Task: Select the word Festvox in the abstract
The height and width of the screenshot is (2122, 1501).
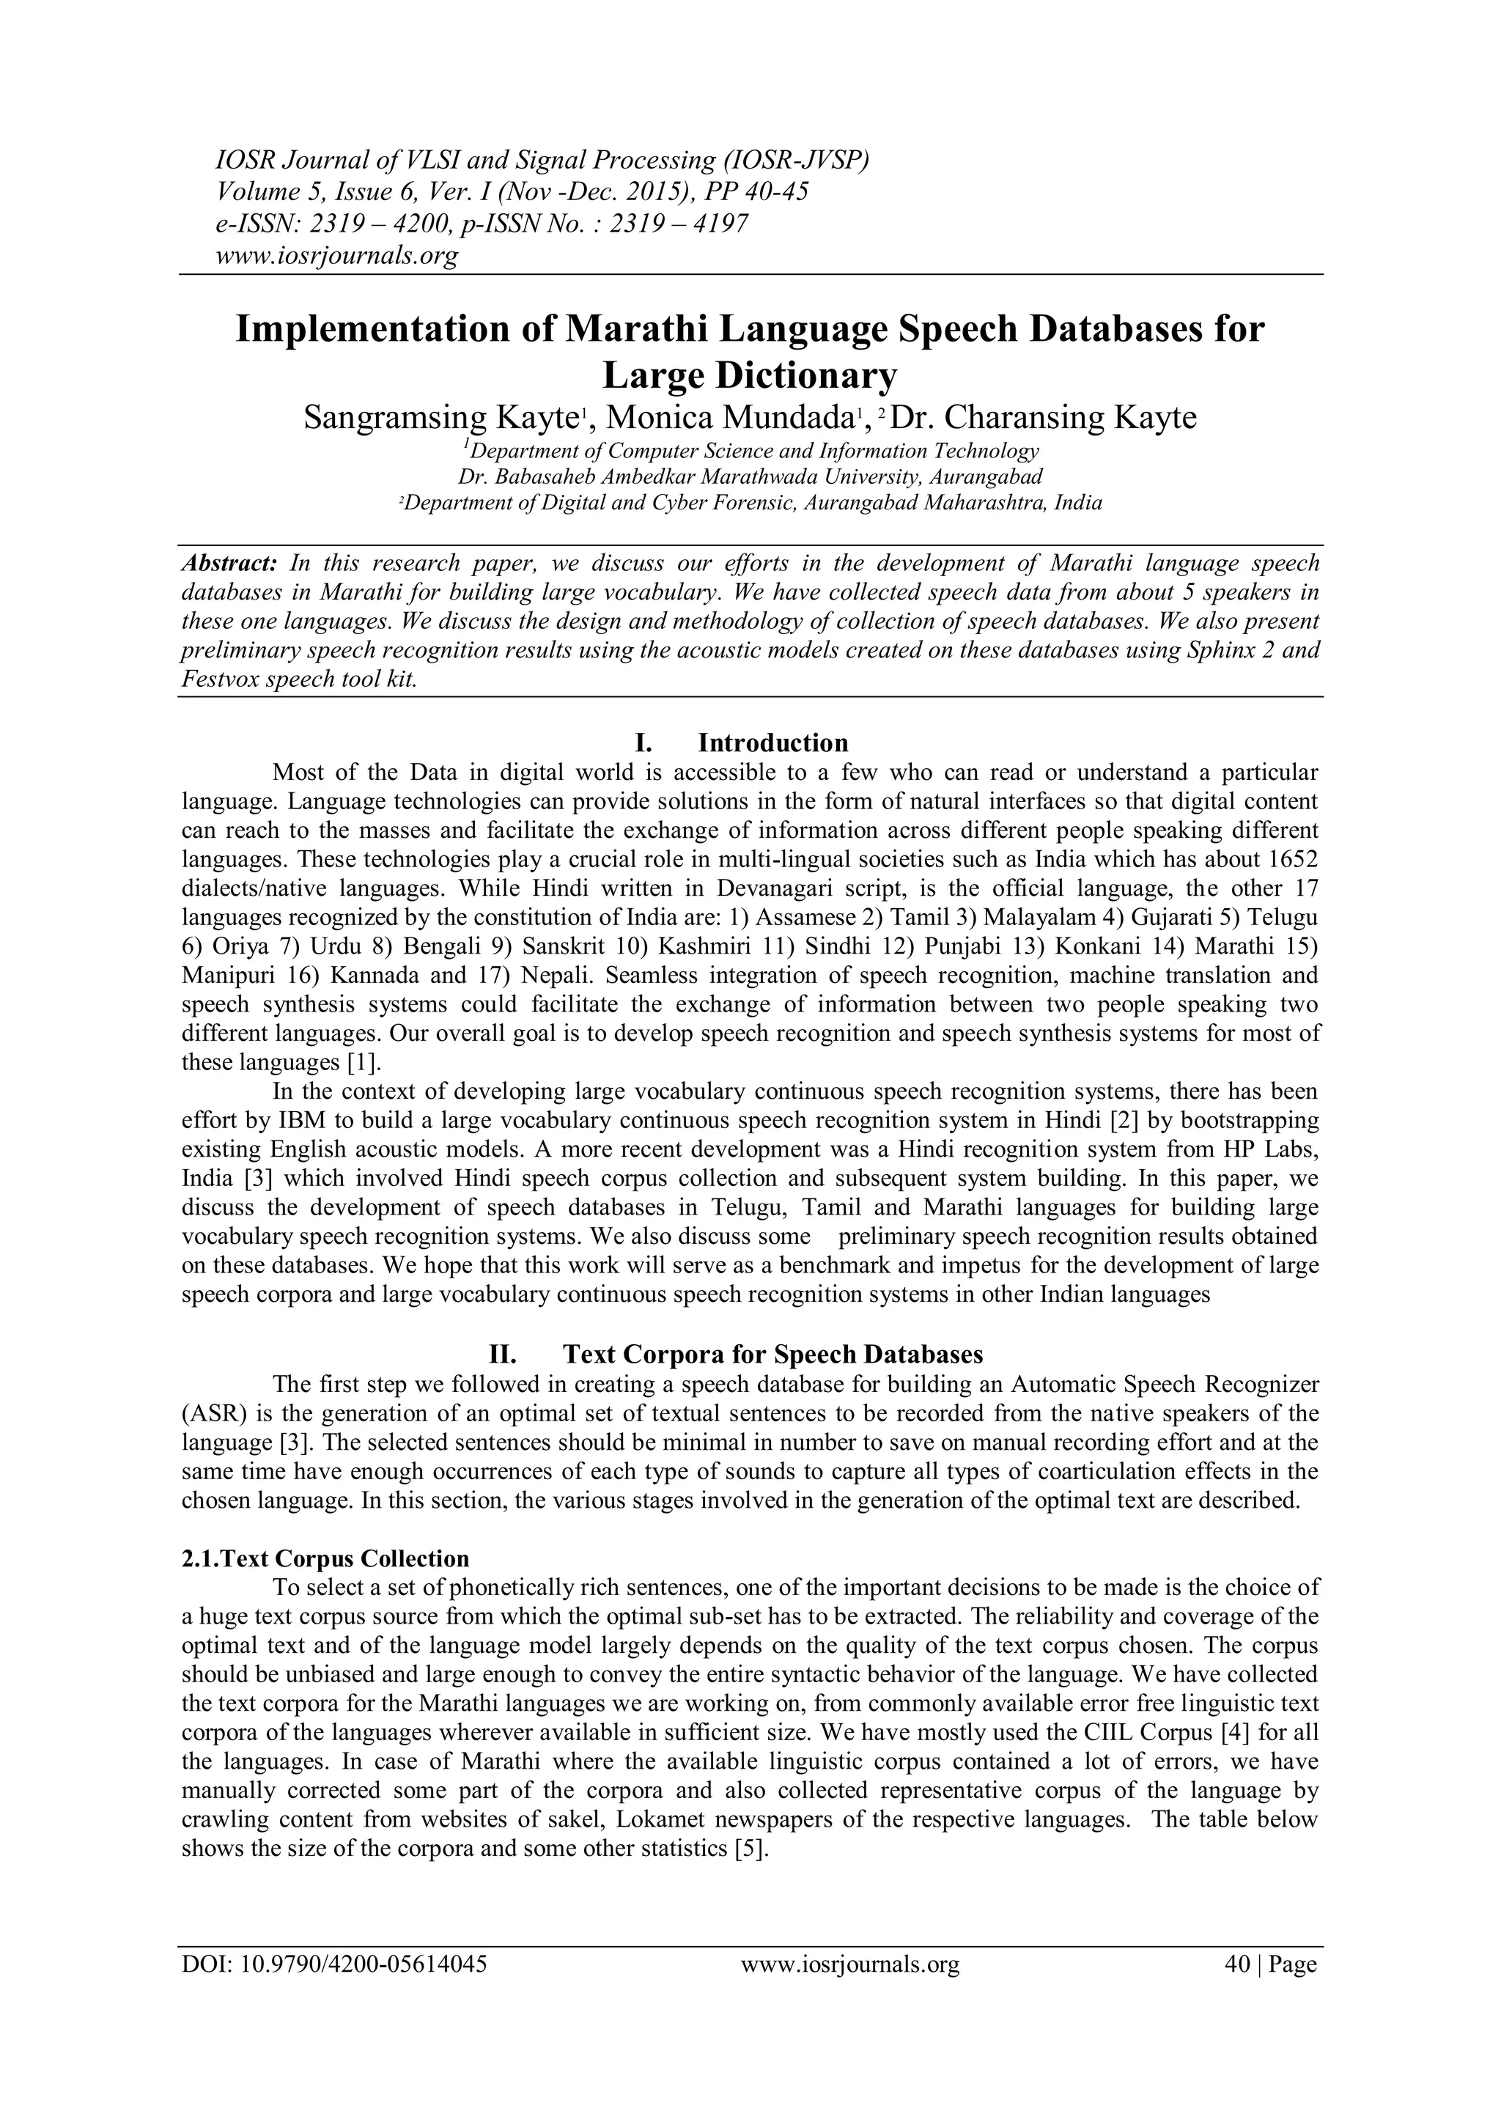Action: [219, 679]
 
